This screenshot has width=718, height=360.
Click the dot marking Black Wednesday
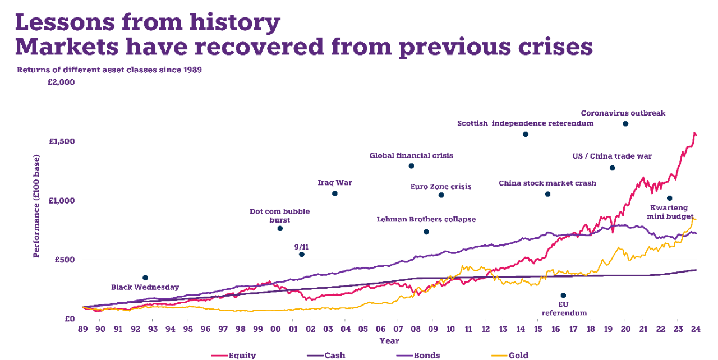145,278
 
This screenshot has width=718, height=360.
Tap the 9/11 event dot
301,255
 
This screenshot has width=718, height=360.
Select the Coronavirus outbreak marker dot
625,123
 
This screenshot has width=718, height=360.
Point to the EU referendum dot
563,296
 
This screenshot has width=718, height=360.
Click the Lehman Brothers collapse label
426,220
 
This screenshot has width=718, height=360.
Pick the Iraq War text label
335,183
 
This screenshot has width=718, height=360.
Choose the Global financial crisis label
411,155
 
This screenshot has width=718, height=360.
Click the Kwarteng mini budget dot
669,198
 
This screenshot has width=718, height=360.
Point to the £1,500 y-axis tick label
62,141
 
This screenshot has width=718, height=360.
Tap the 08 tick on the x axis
415,329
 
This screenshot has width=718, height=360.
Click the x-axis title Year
389,341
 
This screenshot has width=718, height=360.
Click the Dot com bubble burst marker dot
280,228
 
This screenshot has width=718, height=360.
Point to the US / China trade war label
612,156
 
